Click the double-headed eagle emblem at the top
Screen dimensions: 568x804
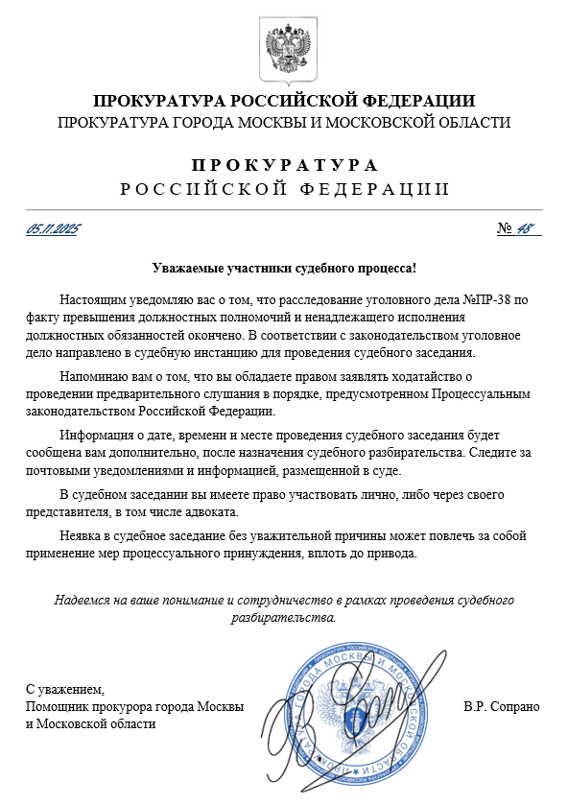tap(284, 48)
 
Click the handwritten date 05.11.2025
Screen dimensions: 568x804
tap(53, 229)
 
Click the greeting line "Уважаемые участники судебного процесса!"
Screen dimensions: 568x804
tap(284, 269)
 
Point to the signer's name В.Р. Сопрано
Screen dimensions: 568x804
tap(501, 707)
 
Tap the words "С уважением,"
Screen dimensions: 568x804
tap(64, 689)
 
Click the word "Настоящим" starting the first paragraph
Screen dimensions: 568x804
tap(91, 300)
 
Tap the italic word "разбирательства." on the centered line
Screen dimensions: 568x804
tap(284, 617)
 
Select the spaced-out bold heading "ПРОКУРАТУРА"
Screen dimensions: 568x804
tap(284, 164)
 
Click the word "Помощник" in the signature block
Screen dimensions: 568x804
tap(59, 707)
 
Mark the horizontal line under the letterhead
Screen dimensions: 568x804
tap(284, 209)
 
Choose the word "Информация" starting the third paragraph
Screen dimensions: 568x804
tap(94, 436)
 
